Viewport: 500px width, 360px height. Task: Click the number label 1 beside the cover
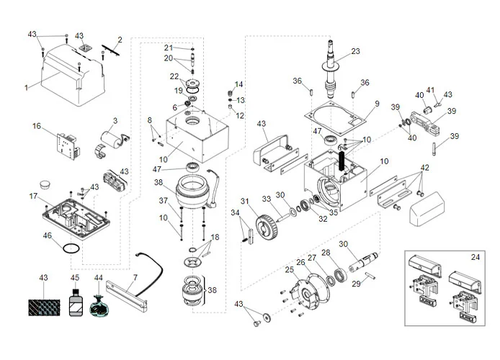click(x=26, y=87)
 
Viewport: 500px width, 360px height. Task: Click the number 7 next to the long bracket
click(x=134, y=278)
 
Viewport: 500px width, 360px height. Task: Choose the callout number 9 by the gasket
click(x=375, y=104)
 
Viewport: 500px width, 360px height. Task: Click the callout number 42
click(x=424, y=167)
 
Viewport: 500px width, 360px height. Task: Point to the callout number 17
click(x=33, y=196)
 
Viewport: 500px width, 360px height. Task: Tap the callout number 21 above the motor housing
click(x=168, y=48)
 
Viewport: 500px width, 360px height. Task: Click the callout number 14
click(x=239, y=84)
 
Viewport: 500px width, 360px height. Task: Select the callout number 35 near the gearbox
click(x=334, y=213)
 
